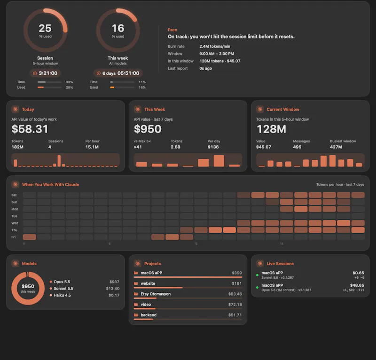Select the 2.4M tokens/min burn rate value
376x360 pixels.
[215, 46]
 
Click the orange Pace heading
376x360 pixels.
[172, 30]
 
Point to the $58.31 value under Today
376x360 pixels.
[30, 129]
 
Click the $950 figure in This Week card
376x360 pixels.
[148, 129]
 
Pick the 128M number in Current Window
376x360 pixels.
[271, 129]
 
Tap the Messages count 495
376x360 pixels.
[297, 147]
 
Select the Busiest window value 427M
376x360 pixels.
[336, 147]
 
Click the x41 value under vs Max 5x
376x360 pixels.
[138, 147]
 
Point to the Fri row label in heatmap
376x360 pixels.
[14, 237]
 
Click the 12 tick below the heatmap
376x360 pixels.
[196, 243]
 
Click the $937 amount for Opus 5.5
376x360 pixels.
[114, 282]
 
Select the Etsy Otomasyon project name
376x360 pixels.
[156, 294]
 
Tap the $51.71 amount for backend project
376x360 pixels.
[235, 315]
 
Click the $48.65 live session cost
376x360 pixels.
[357, 285]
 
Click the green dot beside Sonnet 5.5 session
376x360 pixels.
[257, 275]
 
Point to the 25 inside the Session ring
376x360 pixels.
[45, 28]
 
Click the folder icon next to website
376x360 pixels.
[136, 283]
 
